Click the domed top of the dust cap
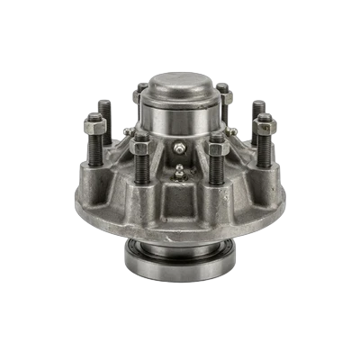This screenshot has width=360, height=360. click(x=180, y=86)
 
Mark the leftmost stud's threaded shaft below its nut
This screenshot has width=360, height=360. click(x=96, y=148)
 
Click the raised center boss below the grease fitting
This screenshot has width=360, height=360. click(x=180, y=193)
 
